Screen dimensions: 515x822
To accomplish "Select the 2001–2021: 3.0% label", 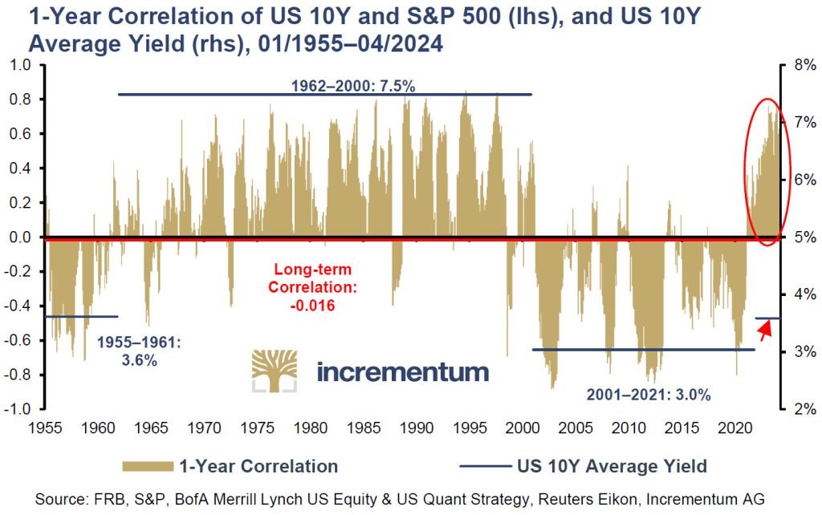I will click(x=648, y=394).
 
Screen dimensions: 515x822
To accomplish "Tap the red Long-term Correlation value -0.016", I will click(x=312, y=305).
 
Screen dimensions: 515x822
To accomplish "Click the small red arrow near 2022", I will click(x=765, y=327).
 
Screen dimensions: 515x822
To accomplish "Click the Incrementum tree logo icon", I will click(x=275, y=371).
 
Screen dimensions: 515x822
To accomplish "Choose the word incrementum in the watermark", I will click(x=402, y=371).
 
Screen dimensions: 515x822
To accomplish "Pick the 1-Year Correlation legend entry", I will click(x=230, y=466).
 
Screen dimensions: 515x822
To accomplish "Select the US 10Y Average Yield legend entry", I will click(x=584, y=466).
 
